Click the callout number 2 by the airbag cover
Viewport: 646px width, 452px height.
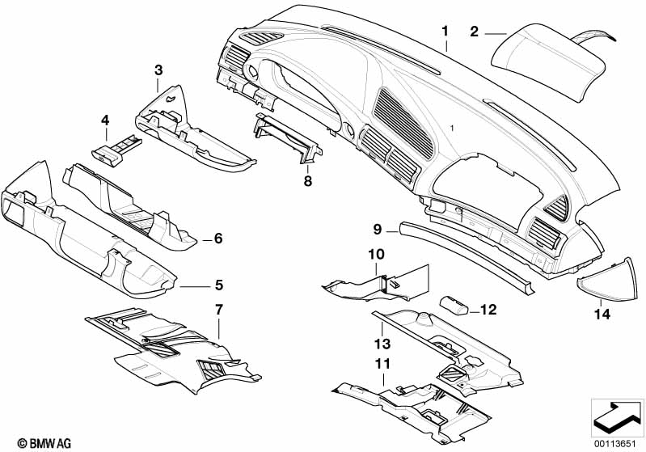(x=475, y=32)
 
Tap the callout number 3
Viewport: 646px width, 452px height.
(x=158, y=70)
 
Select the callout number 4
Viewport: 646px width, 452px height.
(x=105, y=120)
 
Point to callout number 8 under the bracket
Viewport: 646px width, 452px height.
(x=308, y=181)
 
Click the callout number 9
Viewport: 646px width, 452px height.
(x=378, y=229)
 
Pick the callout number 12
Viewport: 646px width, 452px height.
(x=488, y=310)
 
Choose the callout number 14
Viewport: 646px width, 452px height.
(x=602, y=315)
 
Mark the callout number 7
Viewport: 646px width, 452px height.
(x=219, y=310)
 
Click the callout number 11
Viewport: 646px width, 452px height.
(x=382, y=363)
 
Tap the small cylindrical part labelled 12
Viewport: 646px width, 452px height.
(x=454, y=306)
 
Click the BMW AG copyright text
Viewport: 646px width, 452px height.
(x=44, y=443)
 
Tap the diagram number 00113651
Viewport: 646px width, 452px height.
(x=618, y=443)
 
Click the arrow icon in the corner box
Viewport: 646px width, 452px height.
(x=617, y=416)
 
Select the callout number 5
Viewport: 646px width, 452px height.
(x=219, y=285)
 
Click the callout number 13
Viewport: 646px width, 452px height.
(x=382, y=343)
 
